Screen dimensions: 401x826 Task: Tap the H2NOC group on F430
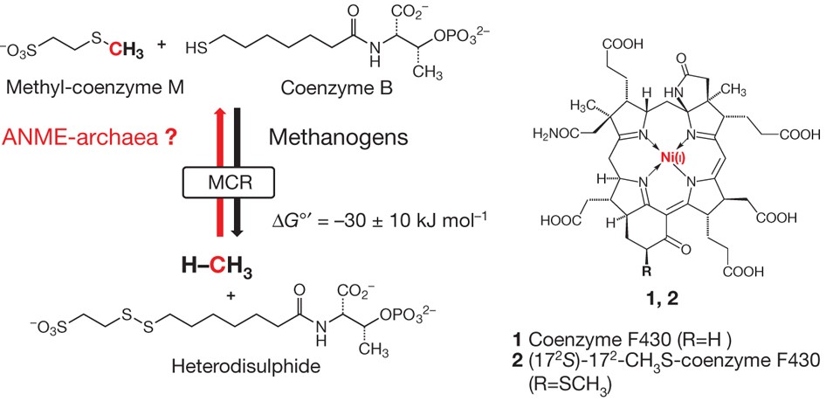557,133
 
